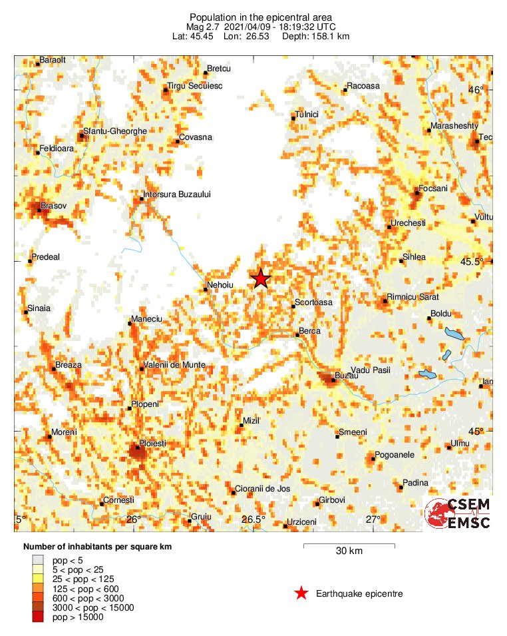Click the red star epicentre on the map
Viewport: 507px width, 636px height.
(x=261, y=278)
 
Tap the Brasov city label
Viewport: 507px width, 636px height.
(x=54, y=206)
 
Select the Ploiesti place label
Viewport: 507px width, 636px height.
(x=151, y=443)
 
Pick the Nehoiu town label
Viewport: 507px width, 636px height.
(x=220, y=284)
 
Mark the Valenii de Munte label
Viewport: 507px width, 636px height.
(x=176, y=366)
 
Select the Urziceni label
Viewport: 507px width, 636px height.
(x=302, y=522)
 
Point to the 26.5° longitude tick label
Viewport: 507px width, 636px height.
(x=254, y=519)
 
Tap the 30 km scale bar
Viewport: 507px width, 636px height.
(x=349, y=547)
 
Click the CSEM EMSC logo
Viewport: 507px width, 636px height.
(x=458, y=513)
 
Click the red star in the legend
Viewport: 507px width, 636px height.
(x=301, y=593)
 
